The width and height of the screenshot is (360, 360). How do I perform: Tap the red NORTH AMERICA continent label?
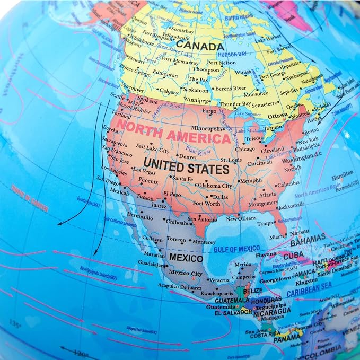pyautogui.click(x=173, y=133)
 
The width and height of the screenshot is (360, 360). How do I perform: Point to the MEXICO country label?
pyautogui.click(x=186, y=258)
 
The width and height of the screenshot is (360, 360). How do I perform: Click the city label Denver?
pyautogui.click(x=187, y=157)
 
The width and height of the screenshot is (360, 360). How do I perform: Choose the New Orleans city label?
pyautogui.click(x=241, y=219)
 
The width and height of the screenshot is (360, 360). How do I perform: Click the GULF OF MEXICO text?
pyautogui.click(x=236, y=248)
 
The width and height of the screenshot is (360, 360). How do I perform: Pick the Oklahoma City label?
pyautogui.click(x=213, y=186)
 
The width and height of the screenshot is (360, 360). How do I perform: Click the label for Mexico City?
pyautogui.click(x=185, y=273)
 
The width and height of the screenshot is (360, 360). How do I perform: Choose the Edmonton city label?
pyautogui.click(x=165, y=75)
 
